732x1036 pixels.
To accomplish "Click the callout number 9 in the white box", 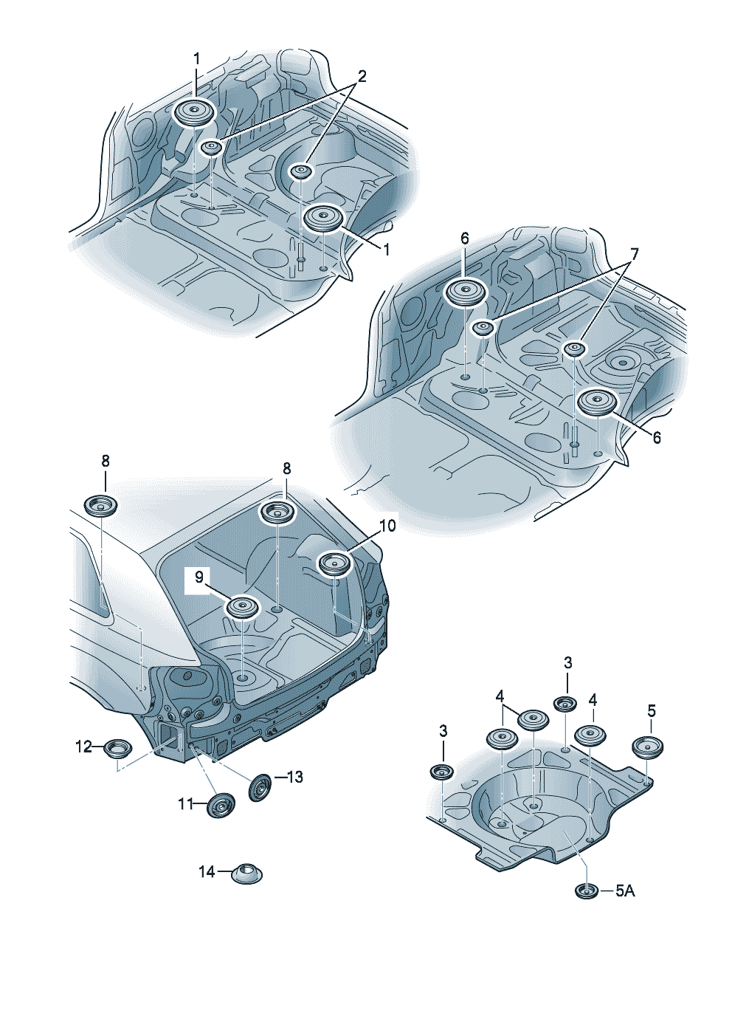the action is click(x=198, y=577).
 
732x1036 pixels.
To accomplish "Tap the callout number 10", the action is click(x=387, y=526).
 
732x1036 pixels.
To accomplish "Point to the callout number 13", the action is click(x=295, y=777).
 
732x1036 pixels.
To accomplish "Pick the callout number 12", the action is click(x=83, y=747).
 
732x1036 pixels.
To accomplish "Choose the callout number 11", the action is click(x=185, y=805).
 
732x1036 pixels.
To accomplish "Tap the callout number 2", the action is click(x=362, y=76).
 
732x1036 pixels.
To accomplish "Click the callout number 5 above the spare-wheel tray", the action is click(x=652, y=710).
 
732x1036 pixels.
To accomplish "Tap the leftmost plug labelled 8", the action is click(x=101, y=505).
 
